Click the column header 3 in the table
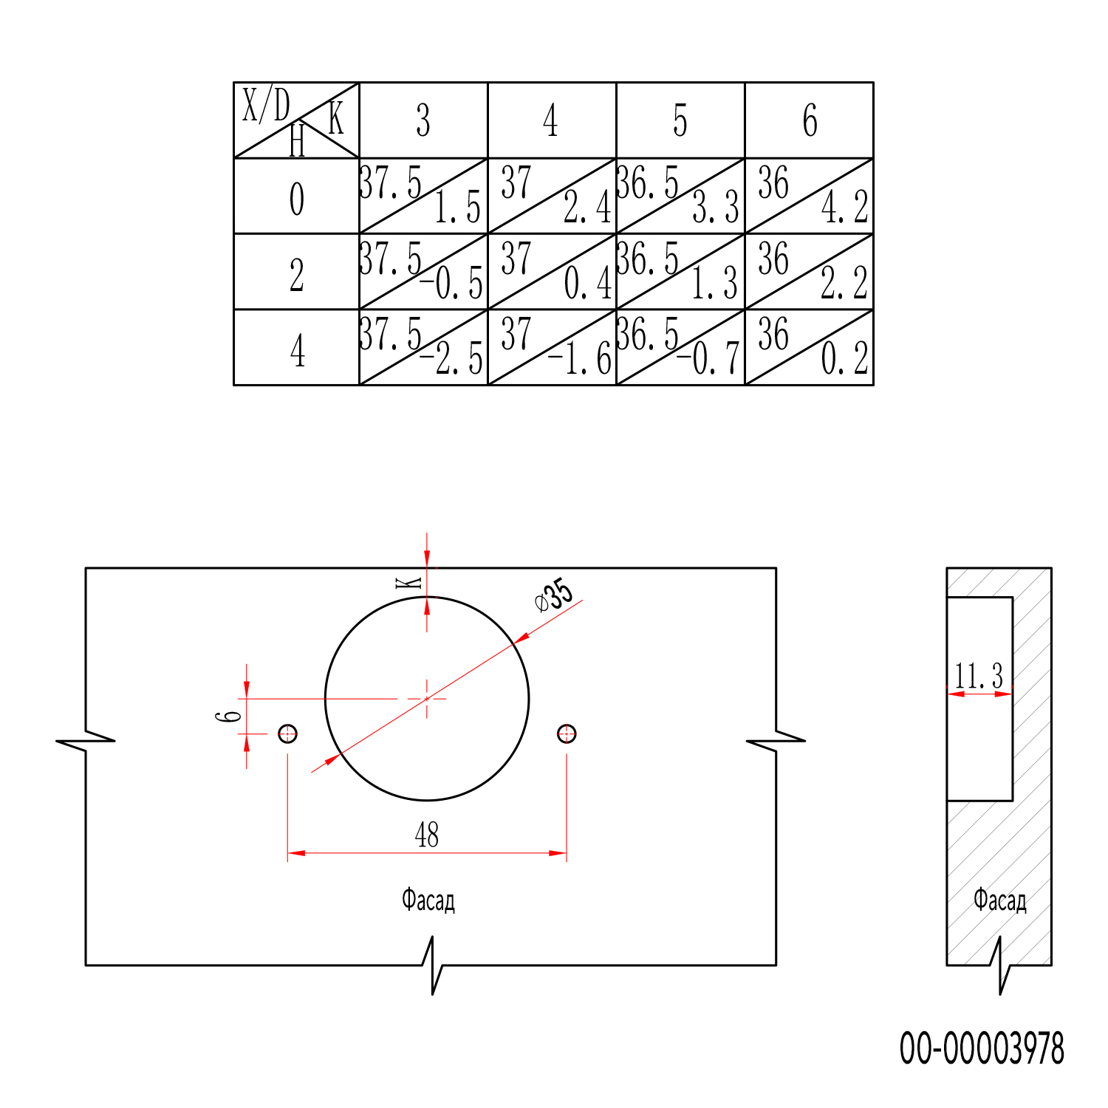(423, 120)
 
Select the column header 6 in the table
(810, 120)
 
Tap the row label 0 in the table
(297, 199)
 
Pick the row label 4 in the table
(298, 350)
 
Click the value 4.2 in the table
(845, 208)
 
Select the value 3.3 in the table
(715, 208)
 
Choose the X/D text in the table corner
(266, 105)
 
